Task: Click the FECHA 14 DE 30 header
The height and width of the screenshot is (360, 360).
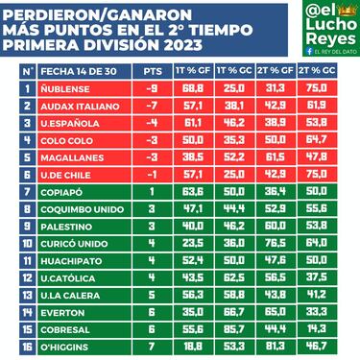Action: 78,71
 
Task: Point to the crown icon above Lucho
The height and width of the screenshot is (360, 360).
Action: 339,8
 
